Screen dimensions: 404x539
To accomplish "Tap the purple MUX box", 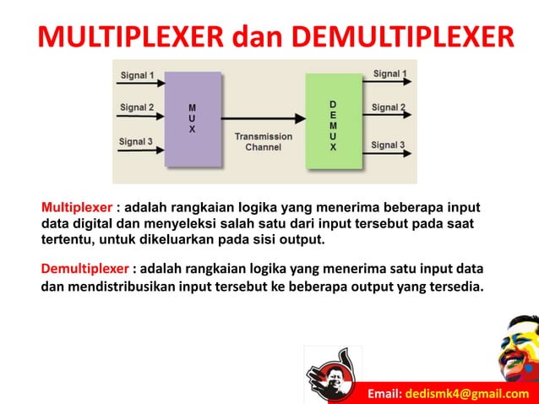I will click(x=193, y=118).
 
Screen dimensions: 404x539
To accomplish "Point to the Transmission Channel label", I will click(x=264, y=141).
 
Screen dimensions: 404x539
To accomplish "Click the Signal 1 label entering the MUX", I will click(x=137, y=75).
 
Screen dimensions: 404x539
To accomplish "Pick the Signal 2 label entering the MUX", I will click(x=137, y=108).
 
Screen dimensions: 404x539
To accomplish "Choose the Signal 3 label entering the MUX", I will click(x=137, y=141).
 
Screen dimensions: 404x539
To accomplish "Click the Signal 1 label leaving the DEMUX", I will click(x=389, y=74).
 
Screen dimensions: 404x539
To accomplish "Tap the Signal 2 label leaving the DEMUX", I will click(x=389, y=108).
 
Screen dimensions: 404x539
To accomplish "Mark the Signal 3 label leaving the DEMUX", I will click(x=389, y=145).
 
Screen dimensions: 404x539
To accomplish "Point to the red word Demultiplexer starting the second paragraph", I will click(x=85, y=269).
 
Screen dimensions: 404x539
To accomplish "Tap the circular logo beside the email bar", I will click(x=333, y=374).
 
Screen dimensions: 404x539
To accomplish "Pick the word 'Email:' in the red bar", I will click(x=385, y=394).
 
